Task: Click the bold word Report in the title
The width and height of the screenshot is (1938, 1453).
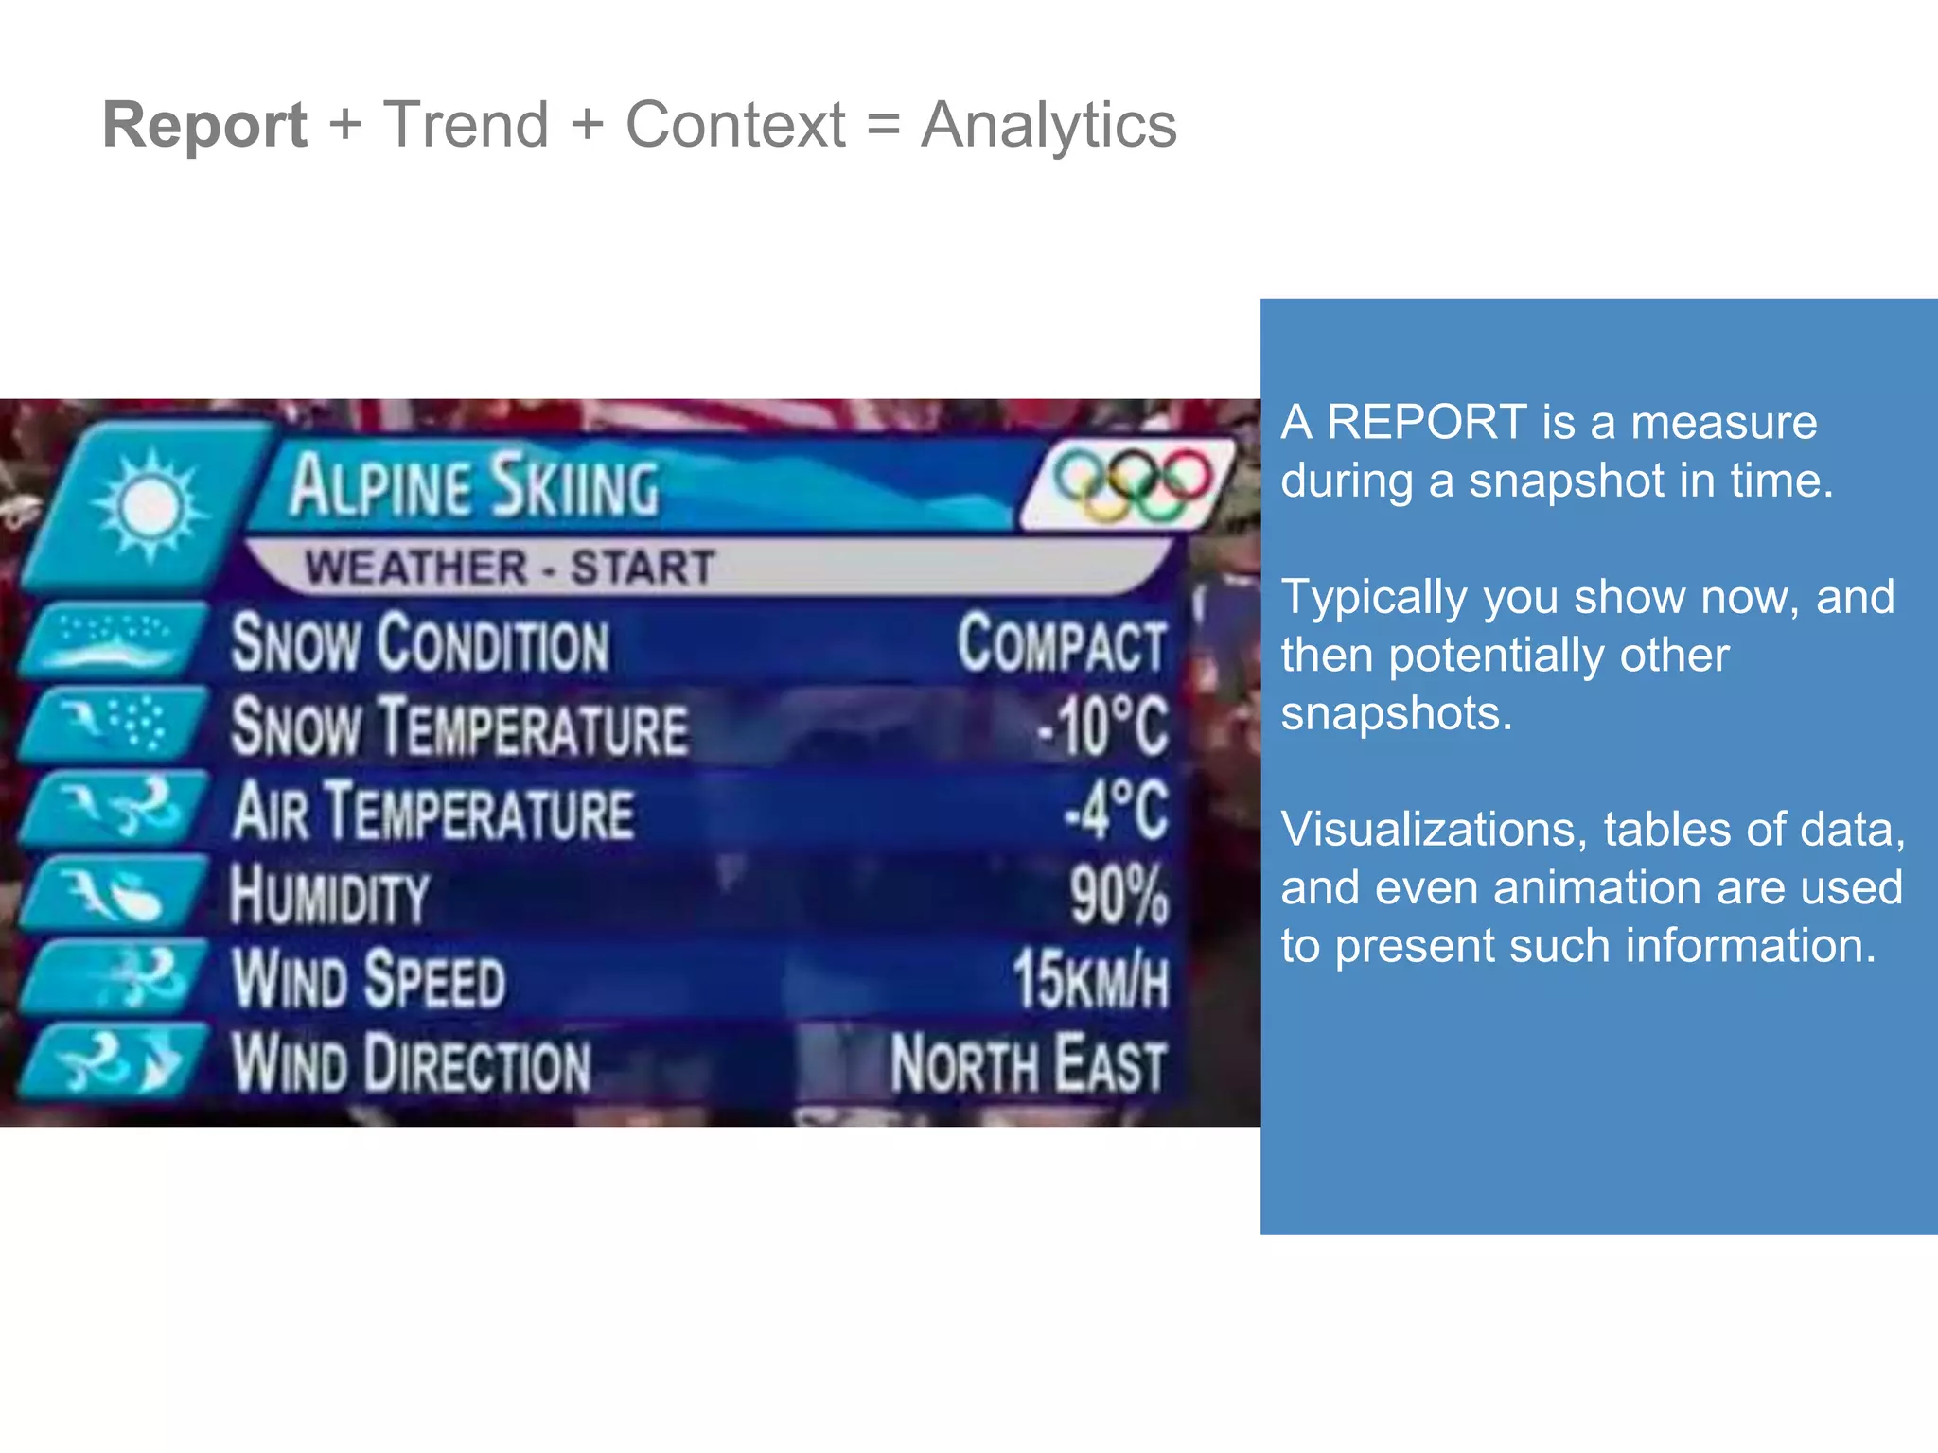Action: tap(204, 125)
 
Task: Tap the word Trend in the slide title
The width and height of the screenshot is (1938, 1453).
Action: tap(466, 125)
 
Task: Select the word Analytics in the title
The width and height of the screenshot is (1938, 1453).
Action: tap(1048, 125)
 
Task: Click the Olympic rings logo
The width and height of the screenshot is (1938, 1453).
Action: tap(1132, 483)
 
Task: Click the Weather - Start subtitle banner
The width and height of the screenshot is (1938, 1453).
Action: tap(509, 568)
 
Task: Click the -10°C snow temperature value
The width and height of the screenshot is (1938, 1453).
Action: tap(1102, 727)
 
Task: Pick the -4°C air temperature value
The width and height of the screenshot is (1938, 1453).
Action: tap(1117, 811)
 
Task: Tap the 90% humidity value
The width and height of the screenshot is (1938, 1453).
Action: tap(1119, 895)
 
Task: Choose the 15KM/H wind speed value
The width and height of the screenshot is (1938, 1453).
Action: tap(1090, 979)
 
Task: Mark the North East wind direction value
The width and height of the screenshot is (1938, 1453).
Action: tap(1028, 1064)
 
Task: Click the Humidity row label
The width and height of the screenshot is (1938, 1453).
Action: tap(329, 895)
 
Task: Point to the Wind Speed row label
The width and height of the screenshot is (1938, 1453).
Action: tap(369, 979)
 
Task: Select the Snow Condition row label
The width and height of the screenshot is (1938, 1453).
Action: tap(420, 643)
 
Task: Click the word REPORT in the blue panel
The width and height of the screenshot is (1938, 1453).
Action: tap(1426, 422)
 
